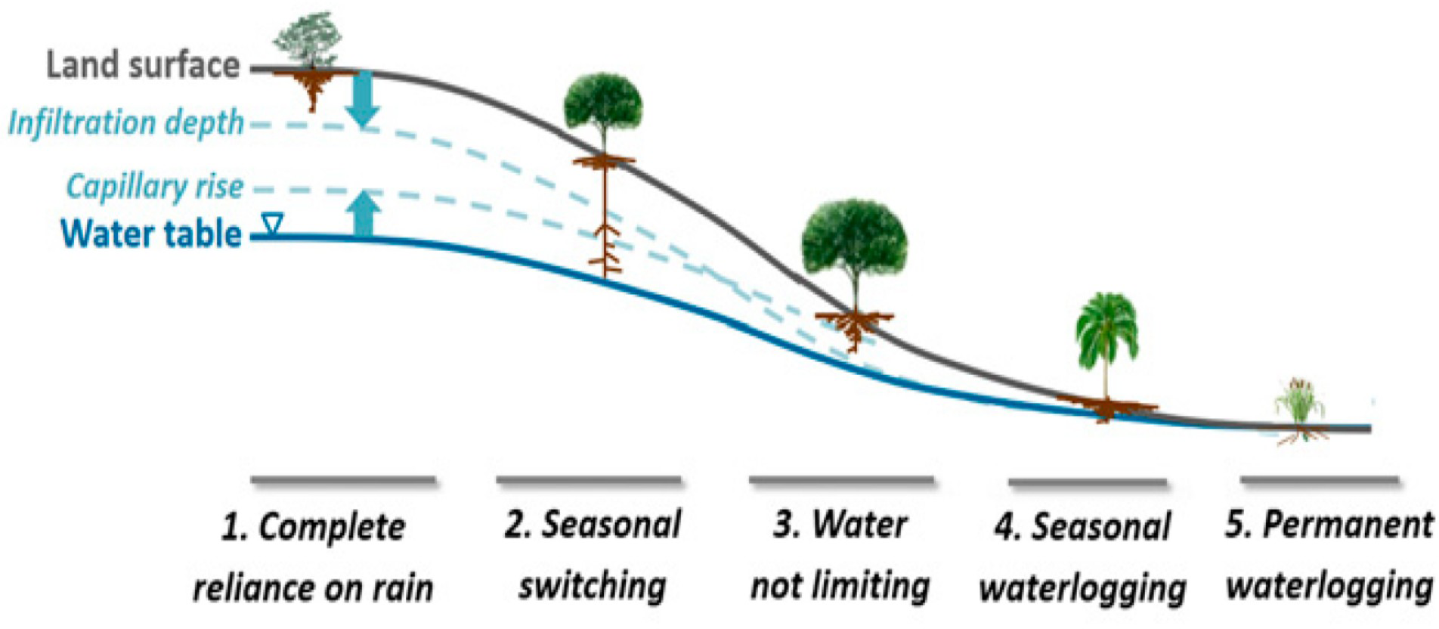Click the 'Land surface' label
pyautogui.click(x=143, y=65)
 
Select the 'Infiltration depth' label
pyautogui.click(x=126, y=122)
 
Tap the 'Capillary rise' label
pyautogui.click(x=155, y=186)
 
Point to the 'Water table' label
pyautogui.click(x=151, y=234)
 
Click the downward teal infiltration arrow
pyautogui.click(x=363, y=98)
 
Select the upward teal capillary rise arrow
pyautogui.click(x=365, y=213)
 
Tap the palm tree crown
pyautogui.click(x=1106, y=325)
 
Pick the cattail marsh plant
pyautogui.click(x=1299, y=404)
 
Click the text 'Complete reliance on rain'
pyautogui.click(x=313, y=557)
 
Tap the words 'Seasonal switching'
pyautogui.click(x=593, y=556)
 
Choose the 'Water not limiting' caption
pyautogui.click(x=840, y=556)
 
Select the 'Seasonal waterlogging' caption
pyautogui.click(x=1082, y=557)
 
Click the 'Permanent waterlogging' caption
pyautogui.click(x=1329, y=556)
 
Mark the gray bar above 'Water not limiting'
pyautogui.click(x=841, y=479)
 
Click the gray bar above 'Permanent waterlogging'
pyautogui.click(x=1318, y=480)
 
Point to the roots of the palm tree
pyautogui.click(x=1106, y=408)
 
